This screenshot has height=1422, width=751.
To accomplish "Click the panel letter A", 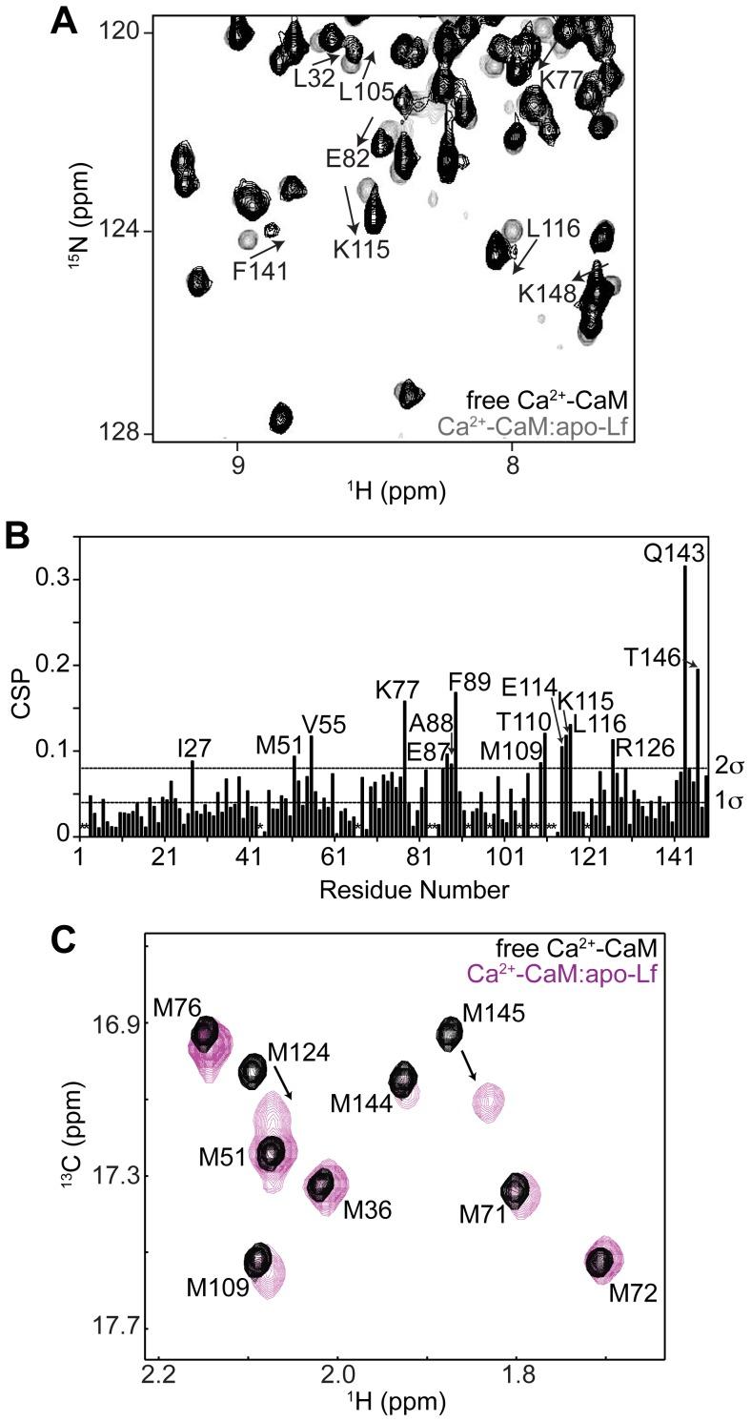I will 64,20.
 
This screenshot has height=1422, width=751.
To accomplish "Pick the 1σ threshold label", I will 728,801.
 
